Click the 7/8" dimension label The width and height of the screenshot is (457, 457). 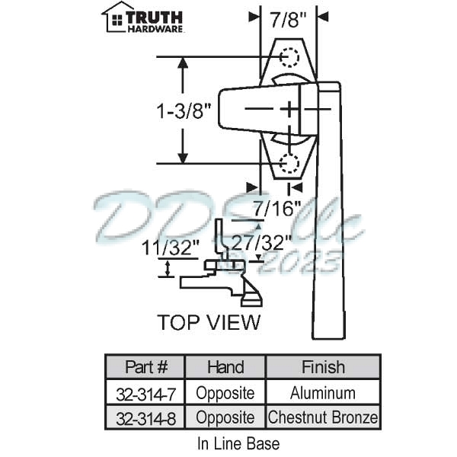tap(288, 20)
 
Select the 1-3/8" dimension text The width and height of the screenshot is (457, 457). tap(184, 111)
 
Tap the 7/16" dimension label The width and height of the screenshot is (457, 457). tap(277, 208)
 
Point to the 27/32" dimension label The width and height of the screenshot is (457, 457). tap(261, 242)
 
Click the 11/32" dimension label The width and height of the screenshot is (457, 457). tap(171, 248)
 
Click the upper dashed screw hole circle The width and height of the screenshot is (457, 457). tap(289, 57)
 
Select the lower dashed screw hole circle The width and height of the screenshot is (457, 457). tap(289, 163)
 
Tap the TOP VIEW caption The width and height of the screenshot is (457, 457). tap(209, 322)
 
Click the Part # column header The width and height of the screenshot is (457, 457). tap(145, 366)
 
